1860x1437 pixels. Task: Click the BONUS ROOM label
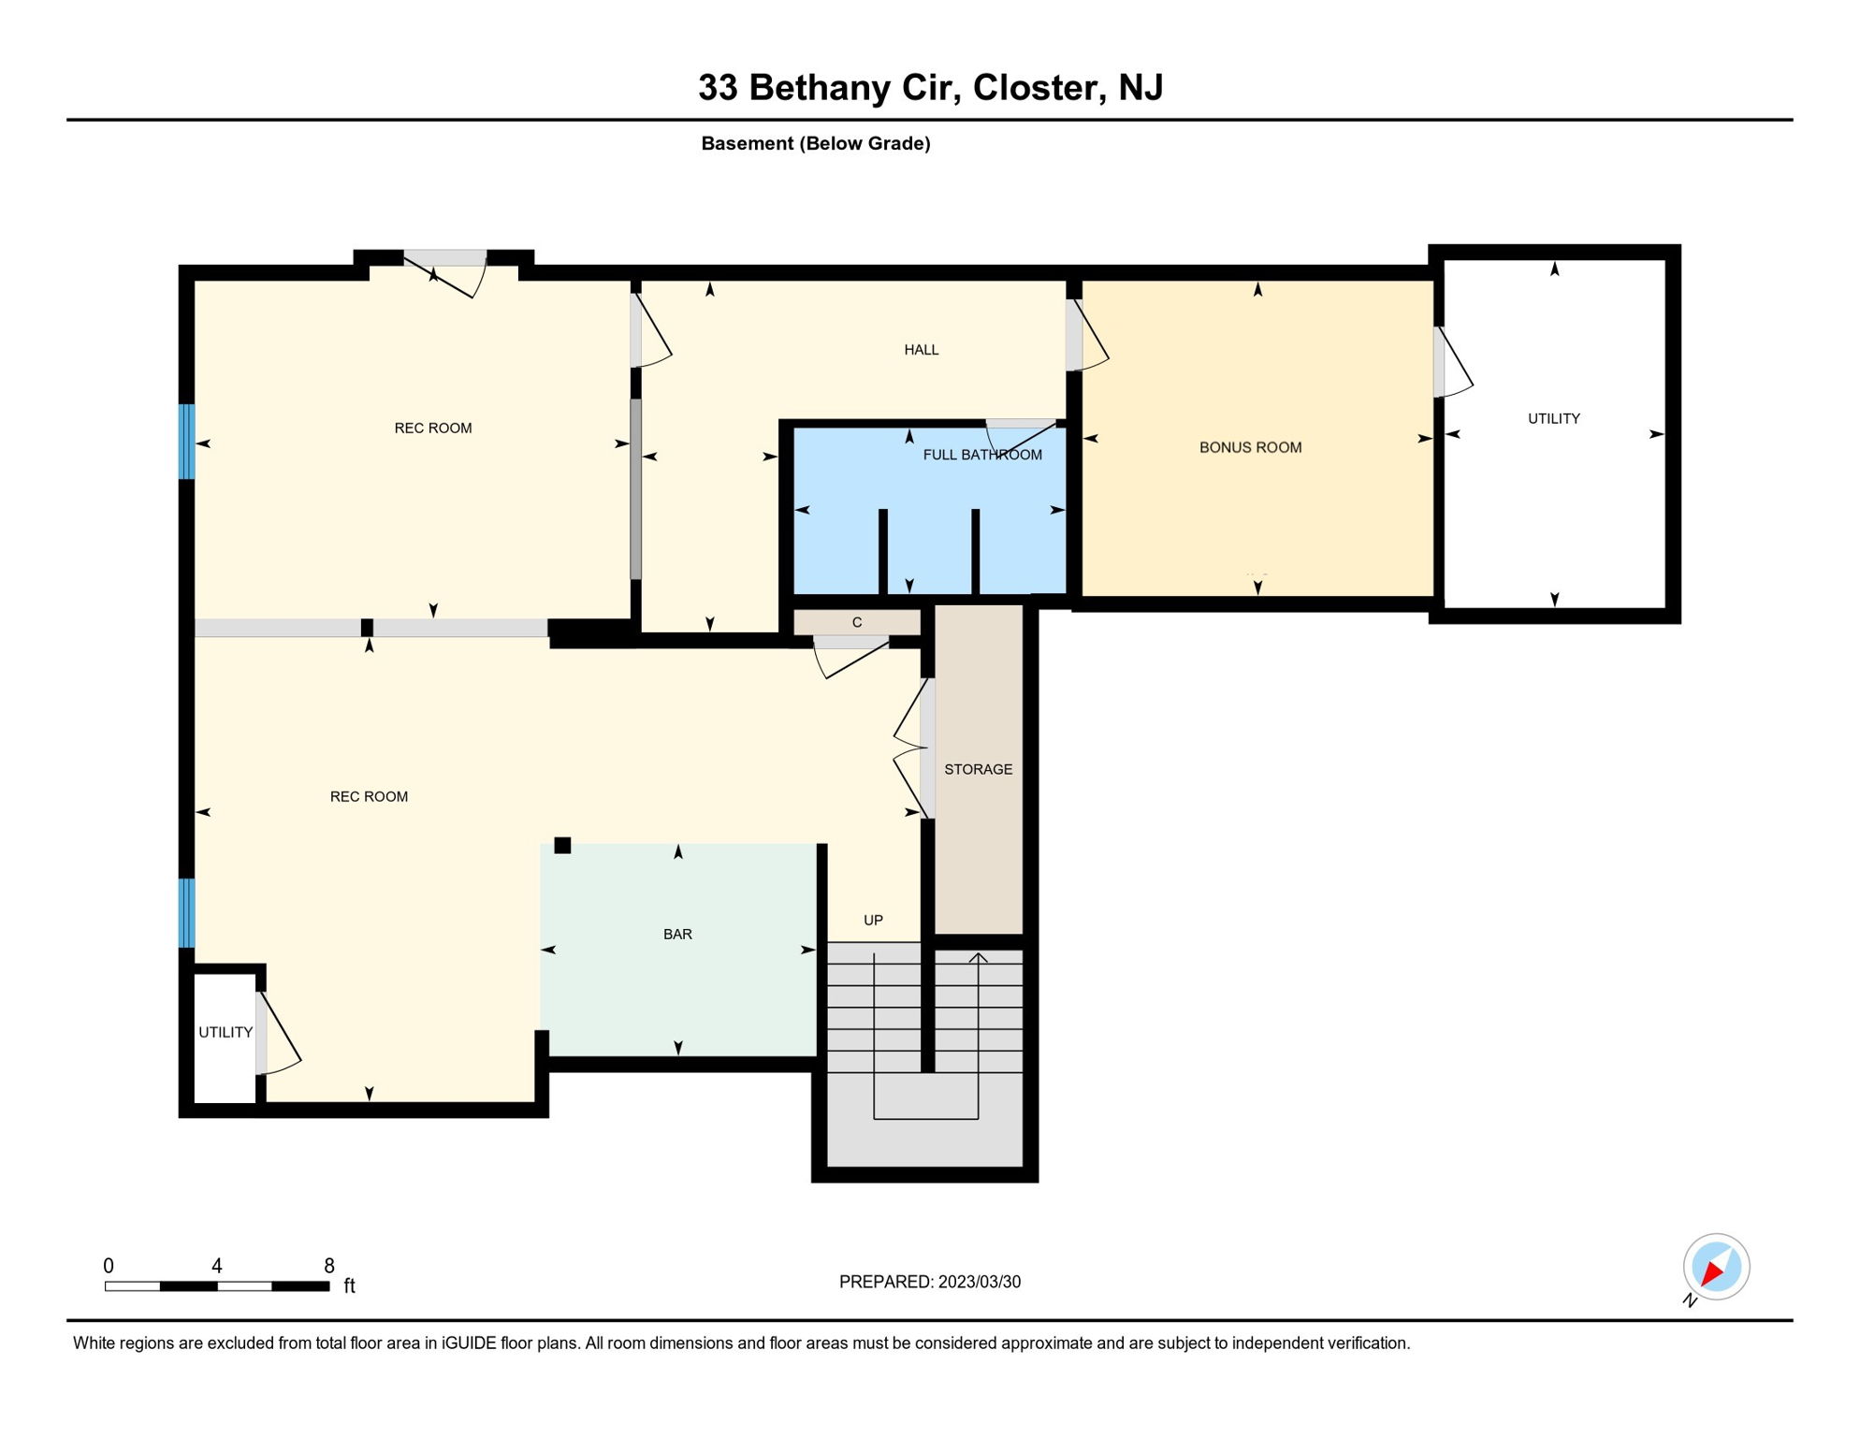click(1250, 447)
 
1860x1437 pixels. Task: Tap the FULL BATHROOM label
click(982, 455)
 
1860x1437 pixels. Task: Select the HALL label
click(921, 350)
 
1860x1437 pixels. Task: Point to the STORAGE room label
click(978, 769)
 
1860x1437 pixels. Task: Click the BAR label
click(677, 934)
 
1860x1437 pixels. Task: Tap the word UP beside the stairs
click(873, 920)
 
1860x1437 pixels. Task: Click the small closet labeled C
click(857, 622)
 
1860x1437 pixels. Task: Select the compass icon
click(1716, 1267)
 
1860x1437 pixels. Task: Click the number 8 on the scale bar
click(329, 1266)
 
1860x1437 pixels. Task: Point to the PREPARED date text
click(930, 1282)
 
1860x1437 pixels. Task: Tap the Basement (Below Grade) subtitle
click(816, 143)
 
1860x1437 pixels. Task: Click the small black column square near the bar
click(562, 846)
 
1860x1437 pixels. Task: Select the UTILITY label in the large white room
click(1553, 418)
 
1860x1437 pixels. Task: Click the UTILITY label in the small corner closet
click(225, 1032)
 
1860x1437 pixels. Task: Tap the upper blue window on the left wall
click(187, 442)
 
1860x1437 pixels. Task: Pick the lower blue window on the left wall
click(187, 913)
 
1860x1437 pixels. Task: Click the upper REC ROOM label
click(433, 428)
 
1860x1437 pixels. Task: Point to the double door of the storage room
click(926, 748)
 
